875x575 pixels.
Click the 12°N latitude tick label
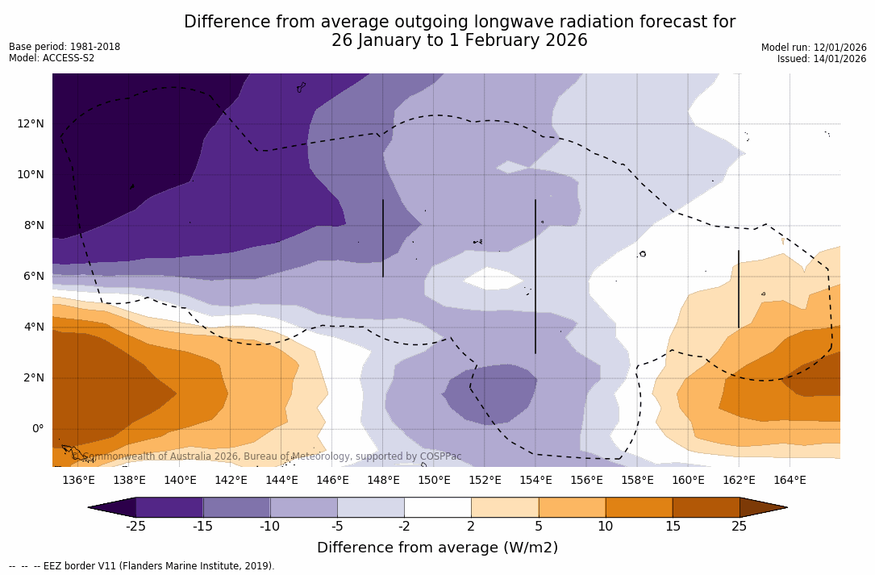[29, 123]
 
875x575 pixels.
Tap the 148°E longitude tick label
[383, 481]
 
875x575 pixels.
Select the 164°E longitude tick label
[790, 481]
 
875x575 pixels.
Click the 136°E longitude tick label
[78, 481]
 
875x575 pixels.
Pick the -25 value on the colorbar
[135, 527]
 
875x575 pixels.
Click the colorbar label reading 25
[739, 527]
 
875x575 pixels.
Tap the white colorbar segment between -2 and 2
[438, 507]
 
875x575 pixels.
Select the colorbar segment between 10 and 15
[639, 507]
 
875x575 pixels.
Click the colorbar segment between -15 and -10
[236, 507]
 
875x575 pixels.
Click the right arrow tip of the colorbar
[785, 507]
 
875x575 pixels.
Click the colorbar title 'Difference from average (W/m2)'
[437, 548]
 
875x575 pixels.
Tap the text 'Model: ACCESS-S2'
[52, 58]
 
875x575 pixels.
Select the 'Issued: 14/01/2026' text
[821, 59]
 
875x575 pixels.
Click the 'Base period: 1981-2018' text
[65, 47]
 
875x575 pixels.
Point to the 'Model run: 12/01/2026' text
[814, 48]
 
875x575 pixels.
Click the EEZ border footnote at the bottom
[142, 566]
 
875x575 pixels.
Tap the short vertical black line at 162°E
[739, 289]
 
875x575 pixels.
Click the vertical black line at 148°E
[383, 238]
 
